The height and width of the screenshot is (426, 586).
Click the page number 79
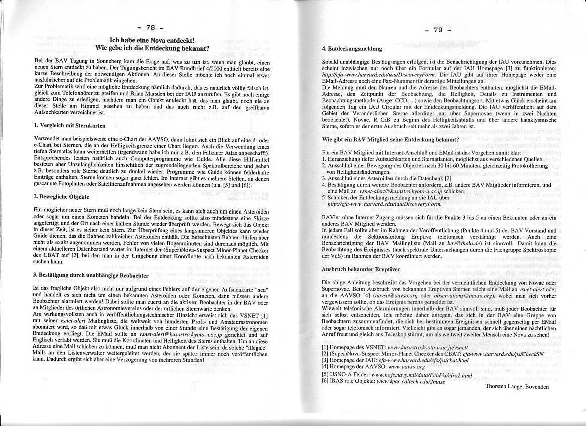click(438, 30)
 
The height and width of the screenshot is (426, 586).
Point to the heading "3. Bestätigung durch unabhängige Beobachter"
click(90, 275)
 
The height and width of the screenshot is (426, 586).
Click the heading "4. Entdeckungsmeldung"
click(352, 49)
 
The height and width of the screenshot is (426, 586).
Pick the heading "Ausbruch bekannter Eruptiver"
click(353, 269)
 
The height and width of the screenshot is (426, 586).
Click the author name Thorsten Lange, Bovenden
click(517, 387)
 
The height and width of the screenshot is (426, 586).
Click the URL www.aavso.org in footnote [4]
click(408, 366)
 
